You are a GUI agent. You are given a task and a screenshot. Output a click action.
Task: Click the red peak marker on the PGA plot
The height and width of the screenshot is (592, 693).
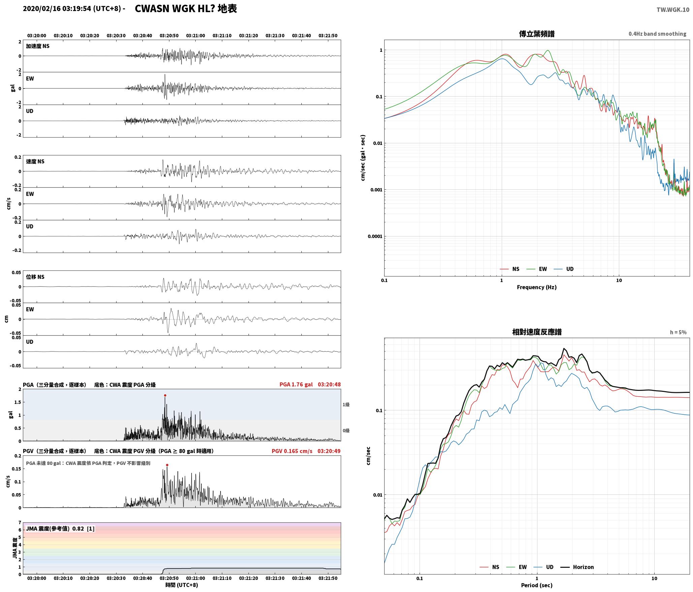tap(165, 395)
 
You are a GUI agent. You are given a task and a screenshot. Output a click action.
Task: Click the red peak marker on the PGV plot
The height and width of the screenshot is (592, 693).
tap(167, 465)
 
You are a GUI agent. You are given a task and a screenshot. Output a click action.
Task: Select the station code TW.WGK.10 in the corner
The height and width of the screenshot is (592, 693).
tap(673, 10)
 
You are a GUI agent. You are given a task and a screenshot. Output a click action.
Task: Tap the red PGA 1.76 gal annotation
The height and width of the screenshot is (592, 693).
tap(296, 384)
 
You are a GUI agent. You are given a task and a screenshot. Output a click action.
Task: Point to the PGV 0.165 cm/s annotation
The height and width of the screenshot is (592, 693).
tap(292, 451)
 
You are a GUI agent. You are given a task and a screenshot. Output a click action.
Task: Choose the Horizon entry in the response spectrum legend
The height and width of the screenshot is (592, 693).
tap(577, 567)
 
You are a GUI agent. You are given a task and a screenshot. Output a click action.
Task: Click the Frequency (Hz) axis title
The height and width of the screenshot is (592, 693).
tap(537, 287)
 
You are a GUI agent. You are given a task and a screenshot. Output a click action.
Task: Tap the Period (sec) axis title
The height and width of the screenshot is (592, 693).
tap(537, 585)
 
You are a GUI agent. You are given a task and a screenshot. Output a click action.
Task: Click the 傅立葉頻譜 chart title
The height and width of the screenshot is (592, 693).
tap(537, 34)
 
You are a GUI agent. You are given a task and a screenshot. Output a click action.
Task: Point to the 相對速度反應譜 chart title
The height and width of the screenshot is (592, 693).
tap(537, 332)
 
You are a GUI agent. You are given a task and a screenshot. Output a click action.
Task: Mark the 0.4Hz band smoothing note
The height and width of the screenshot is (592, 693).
tap(657, 34)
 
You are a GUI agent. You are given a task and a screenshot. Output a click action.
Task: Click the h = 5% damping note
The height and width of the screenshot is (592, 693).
tap(678, 332)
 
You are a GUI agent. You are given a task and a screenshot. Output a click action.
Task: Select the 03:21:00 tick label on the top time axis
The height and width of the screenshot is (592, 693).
tap(196, 35)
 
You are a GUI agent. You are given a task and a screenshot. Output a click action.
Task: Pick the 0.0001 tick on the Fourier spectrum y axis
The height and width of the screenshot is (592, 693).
tap(374, 236)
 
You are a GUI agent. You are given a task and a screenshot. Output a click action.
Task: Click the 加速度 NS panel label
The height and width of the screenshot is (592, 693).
tap(38, 46)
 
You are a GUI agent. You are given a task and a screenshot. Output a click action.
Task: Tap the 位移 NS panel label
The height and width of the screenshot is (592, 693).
tap(35, 277)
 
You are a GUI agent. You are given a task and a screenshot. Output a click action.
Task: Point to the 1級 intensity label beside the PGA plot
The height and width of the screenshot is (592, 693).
tap(346, 404)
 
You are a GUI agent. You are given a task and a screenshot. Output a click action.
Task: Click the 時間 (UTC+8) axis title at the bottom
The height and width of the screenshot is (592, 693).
tap(181, 585)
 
